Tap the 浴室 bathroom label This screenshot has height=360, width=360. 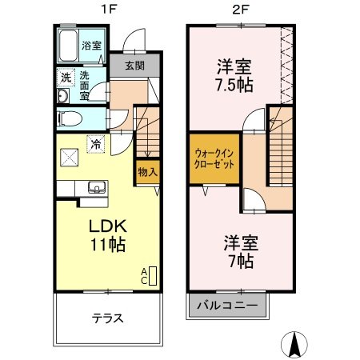tap(92, 46)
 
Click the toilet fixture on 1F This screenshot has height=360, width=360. tap(69, 119)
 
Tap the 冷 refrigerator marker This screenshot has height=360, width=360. tap(96, 145)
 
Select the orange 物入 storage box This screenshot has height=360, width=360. tap(146, 171)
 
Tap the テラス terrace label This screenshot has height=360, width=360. tap(107, 318)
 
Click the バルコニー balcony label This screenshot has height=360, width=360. tap(228, 306)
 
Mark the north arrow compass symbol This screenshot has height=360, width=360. tap(295, 343)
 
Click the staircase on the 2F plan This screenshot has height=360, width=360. tap(281, 152)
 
